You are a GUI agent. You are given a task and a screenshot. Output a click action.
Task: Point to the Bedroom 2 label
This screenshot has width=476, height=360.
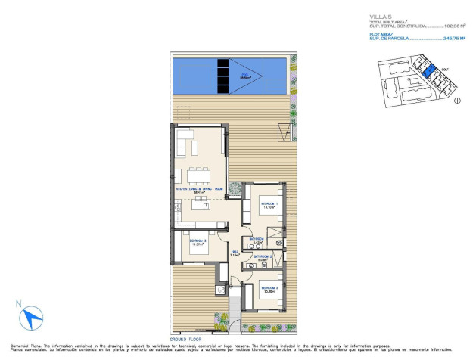pos(199,241)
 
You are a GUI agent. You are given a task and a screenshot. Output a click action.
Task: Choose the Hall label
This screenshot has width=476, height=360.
pos(235,253)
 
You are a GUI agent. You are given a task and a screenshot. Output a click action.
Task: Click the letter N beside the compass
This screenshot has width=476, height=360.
pos(17,304)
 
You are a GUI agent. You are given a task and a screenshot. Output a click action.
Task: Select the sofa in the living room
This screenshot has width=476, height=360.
pos(186,141)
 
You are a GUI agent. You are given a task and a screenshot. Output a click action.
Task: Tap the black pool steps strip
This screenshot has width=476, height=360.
pos(224,74)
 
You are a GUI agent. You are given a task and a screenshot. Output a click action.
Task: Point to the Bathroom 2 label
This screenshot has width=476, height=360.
pos(263,257)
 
